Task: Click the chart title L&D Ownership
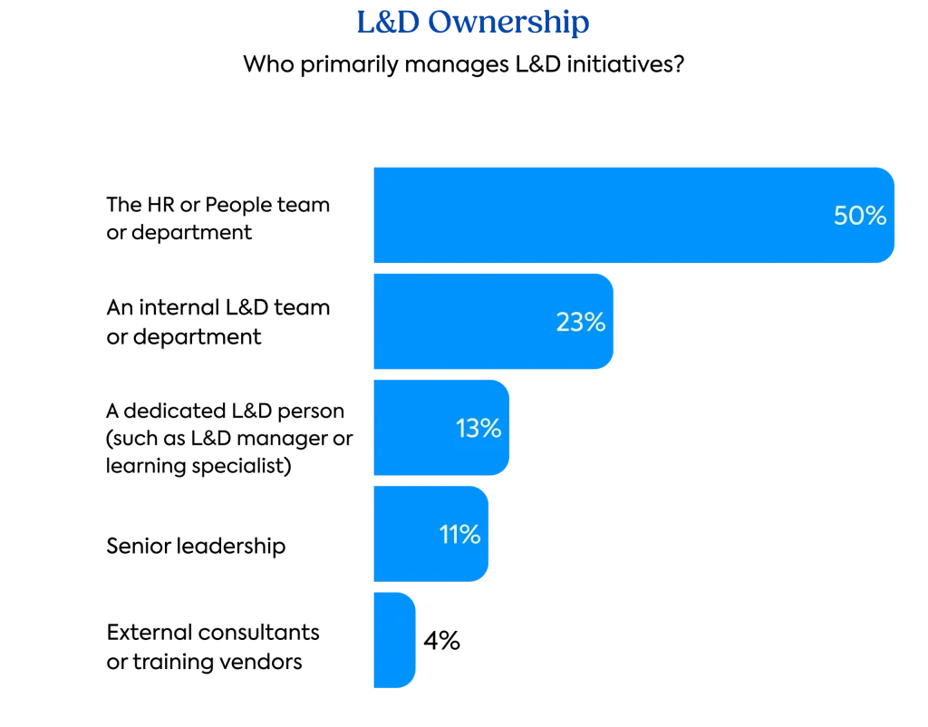tap(472, 24)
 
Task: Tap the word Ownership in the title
tap(508, 24)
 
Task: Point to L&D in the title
tap(387, 24)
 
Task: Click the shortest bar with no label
tap(393, 639)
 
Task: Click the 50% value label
tap(860, 217)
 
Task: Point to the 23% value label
tap(581, 322)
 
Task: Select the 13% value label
tap(478, 428)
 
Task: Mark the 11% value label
tap(460, 535)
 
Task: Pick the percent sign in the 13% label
tap(491, 428)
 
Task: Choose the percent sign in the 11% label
tap(470, 535)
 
